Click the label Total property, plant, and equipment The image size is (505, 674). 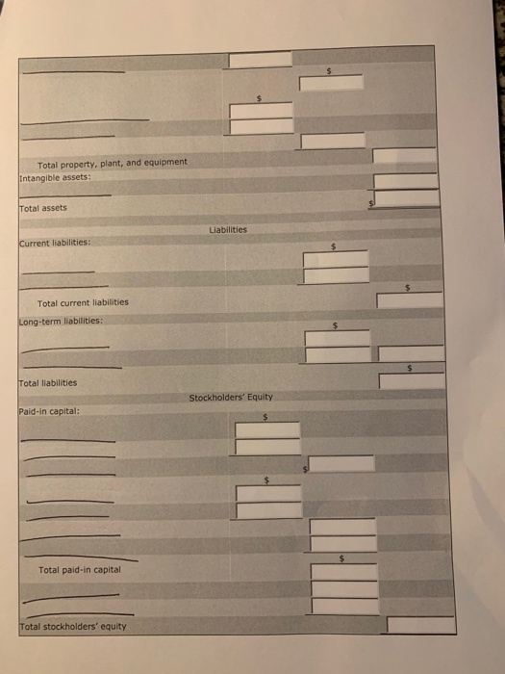tap(113, 163)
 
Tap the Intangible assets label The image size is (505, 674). tap(55, 177)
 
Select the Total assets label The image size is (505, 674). tap(43, 208)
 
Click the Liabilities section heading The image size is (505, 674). tap(227, 230)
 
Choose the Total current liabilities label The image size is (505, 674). tap(83, 302)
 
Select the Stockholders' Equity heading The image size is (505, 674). tap(231, 397)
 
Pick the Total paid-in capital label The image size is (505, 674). tap(80, 570)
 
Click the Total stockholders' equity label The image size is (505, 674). tap(72, 627)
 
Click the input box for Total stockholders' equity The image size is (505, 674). tap(420, 625)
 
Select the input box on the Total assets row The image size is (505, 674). tap(407, 199)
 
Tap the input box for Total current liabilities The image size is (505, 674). tap(410, 300)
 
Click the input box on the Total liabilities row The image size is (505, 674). tap(412, 381)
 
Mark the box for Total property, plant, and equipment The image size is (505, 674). tap(405, 156)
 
